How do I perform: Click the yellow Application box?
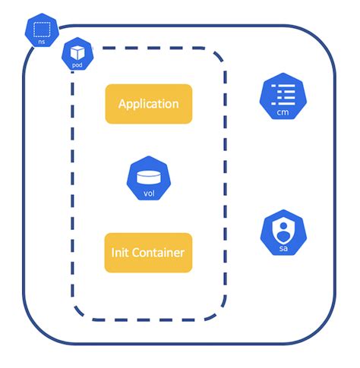tap(148, 104)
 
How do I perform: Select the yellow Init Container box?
tap(148, 252)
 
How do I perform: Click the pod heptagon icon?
tap(77, 55)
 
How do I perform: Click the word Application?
tap(148, 104)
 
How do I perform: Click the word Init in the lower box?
tap(122, 252)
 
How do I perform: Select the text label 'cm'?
tap(283, 112)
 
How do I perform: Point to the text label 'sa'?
tap(283, 248)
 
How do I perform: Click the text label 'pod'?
tap(77, 65)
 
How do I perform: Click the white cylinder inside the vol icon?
tap(149, 176)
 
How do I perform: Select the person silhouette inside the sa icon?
tap(283, 228)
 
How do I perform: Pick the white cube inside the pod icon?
tap(77, 52)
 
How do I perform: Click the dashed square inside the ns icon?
tap(43, 30)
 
